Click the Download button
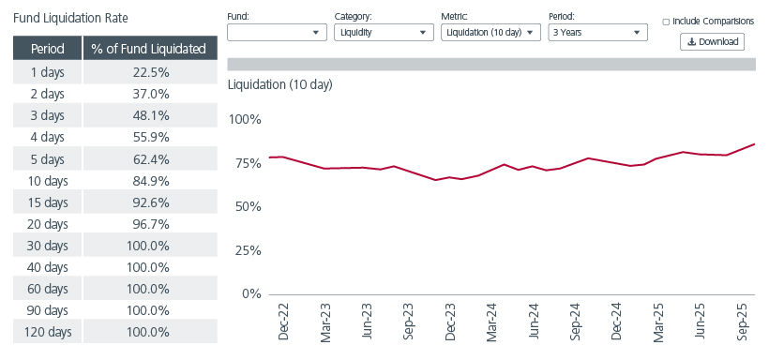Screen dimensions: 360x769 712,41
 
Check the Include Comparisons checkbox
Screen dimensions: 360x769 666,21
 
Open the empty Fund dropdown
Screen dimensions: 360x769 277,32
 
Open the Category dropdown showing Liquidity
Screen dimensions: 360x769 383,32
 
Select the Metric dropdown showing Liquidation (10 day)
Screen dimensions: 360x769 490,32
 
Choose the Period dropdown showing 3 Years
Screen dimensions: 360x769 597,32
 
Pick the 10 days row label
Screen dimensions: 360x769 47,180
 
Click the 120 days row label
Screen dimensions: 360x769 47,332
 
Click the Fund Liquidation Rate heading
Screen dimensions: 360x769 70,18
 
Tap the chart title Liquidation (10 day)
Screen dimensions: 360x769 279,84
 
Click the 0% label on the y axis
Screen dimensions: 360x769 250,293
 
